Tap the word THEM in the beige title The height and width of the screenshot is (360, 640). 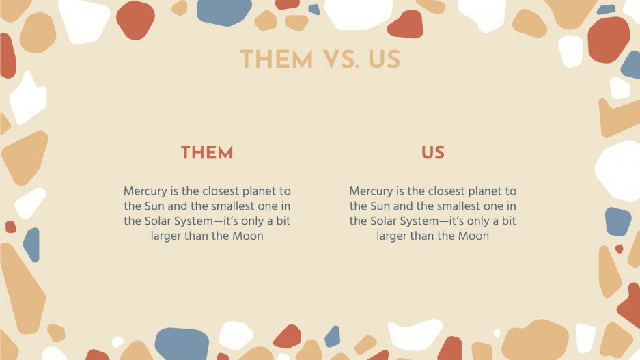point(277,60)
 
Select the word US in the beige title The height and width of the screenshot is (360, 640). point(384,60)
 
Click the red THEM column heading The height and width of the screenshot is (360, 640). point(207,153)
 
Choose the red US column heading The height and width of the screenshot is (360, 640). point(432,153)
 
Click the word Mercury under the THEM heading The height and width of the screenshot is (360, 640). point(145,191)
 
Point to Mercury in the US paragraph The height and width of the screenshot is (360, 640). point(371,191)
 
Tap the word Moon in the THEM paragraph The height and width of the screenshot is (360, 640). point(249,236)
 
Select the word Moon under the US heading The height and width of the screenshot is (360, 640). point(474,236)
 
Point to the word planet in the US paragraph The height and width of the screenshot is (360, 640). point(480,191)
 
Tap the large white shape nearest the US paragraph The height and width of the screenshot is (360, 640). point(618,171)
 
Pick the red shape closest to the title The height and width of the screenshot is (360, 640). point(406,25)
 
